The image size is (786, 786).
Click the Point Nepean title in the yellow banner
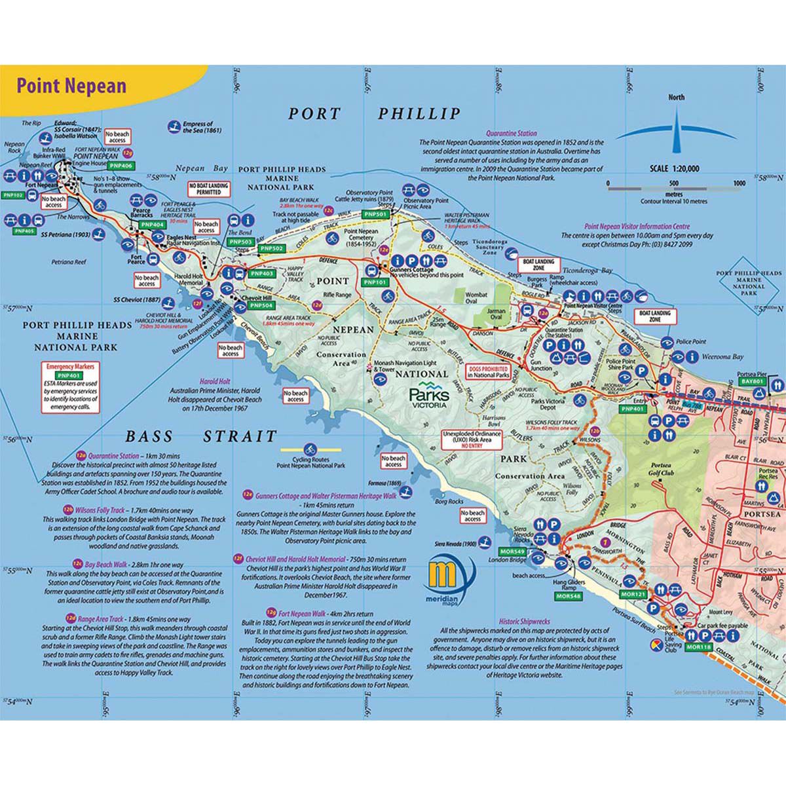[x=71, y=86]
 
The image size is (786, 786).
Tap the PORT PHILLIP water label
[x=375, y=113]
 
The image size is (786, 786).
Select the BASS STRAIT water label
[x=200, y=436]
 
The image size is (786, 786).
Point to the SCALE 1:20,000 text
[x=674, y=168]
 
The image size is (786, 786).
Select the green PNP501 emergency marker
[x=377, y=214]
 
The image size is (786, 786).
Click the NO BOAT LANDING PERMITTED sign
[x=209, y=189]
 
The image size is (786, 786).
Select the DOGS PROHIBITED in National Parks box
[x=488, y=372]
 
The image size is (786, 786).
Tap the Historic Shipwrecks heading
[x=525, y=620]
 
